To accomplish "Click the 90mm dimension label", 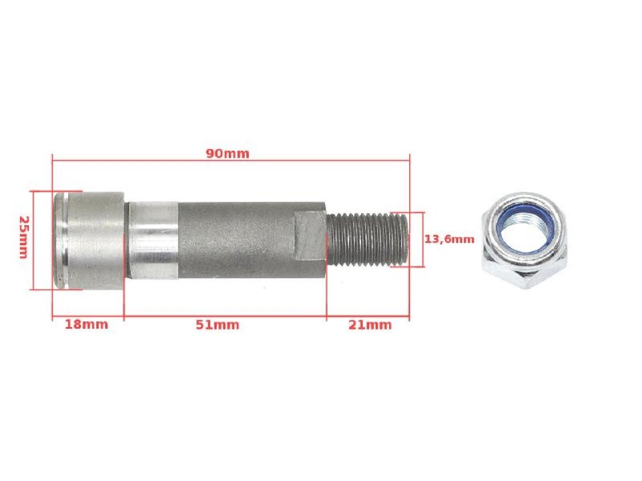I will tap(227, 153).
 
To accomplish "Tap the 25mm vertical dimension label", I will tap(23, 238).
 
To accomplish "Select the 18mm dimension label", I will tap(86, 325).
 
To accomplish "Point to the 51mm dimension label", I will tap(217, 325).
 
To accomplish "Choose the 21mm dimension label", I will tap(370, 325).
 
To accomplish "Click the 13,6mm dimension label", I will tap(450, 238).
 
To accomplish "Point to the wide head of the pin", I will tap(97, 238).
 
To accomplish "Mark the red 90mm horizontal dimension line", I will tap(301, 160).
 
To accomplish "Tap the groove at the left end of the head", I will tap(59, 238).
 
